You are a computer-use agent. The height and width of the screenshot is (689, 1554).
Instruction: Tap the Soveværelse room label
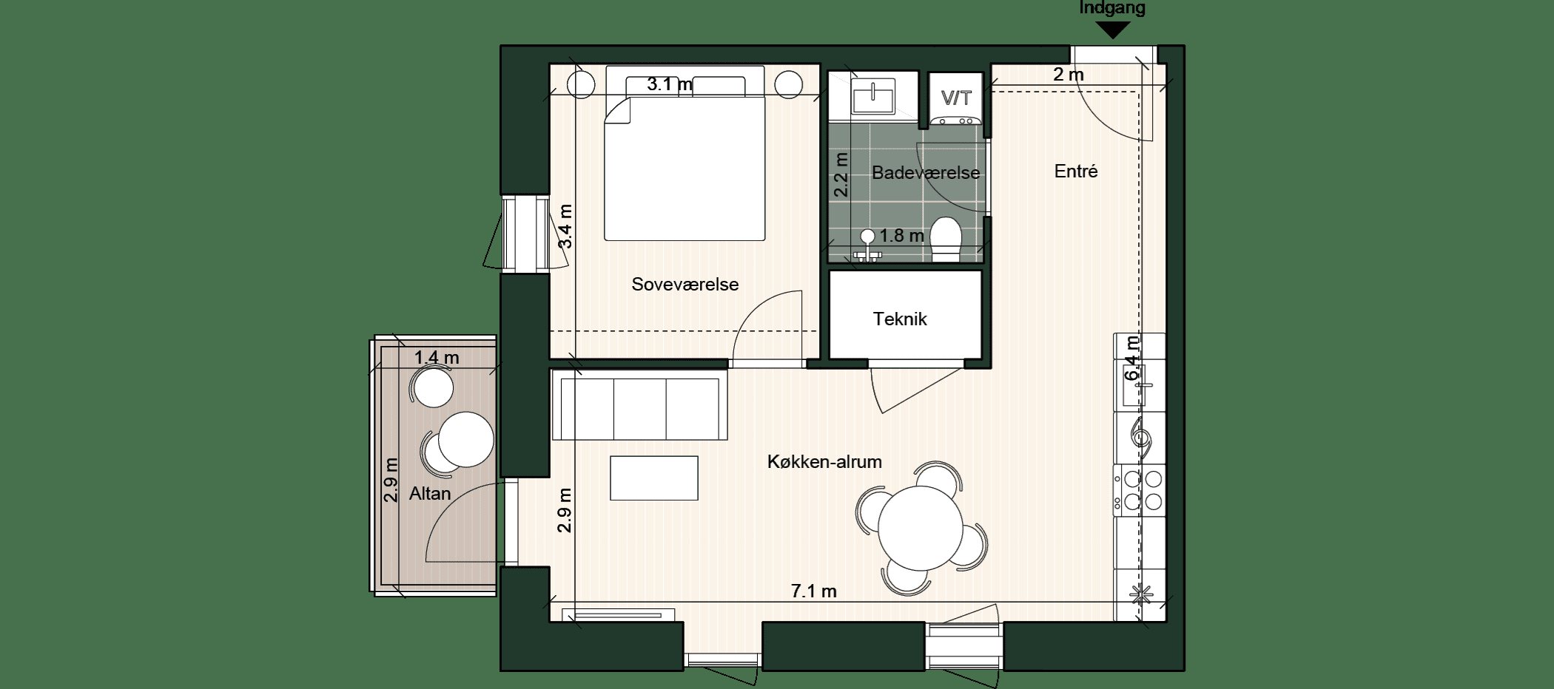tap(685, 285)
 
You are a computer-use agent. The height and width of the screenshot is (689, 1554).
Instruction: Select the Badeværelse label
tap(926, 173)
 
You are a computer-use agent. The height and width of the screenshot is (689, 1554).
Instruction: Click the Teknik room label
tap(900, 319)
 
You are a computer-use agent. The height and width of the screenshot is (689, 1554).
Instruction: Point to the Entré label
tap(1076, 172)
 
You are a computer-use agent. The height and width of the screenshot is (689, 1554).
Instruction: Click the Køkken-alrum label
tap(824, 462)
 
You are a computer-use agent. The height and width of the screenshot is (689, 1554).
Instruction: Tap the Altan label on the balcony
tap(430, 493)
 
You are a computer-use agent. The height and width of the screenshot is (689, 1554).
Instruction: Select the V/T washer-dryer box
tap(955, 98)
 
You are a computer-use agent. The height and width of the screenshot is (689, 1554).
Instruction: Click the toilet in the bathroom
tap(945, 239)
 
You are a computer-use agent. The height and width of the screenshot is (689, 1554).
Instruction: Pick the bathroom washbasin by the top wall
tap(874, 97)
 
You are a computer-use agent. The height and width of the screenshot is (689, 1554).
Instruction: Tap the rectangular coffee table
tap(654, 478)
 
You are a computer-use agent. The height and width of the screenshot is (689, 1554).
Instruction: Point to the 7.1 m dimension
tap(814, 591)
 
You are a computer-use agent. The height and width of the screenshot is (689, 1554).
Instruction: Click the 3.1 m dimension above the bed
tap(670, 84)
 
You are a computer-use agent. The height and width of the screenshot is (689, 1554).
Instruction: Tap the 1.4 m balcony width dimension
tap(437, 358)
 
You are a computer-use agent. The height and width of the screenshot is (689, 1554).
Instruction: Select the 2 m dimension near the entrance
tap(1069, 75)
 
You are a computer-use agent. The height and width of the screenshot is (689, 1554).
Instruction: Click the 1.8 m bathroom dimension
tap(902, 236)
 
